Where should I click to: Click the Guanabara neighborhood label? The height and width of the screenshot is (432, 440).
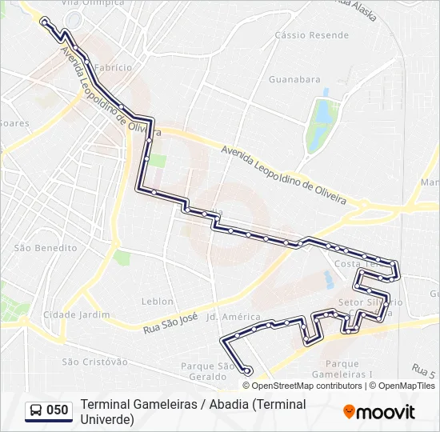coord(294,79)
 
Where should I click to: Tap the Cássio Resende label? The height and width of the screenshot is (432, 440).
coord(311,35)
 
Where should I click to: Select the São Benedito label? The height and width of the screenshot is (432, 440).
coord(46,248)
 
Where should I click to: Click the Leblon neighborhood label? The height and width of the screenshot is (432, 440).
coord(157,302)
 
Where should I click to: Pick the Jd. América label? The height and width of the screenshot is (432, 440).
coord(234,317)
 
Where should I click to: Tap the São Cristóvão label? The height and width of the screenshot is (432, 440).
coord(94,362)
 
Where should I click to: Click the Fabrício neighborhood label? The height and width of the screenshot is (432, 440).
coord(113,68)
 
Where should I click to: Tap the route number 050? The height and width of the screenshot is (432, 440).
coord(58,410)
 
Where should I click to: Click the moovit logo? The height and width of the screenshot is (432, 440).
coord(379,412)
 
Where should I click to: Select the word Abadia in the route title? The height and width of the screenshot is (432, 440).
coord(228,405)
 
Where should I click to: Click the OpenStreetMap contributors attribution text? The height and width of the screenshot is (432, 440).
coord(296,386)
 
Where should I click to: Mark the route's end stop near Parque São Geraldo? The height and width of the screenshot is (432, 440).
coord(249,370)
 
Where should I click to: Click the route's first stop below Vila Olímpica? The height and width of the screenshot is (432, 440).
coord(44,22)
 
